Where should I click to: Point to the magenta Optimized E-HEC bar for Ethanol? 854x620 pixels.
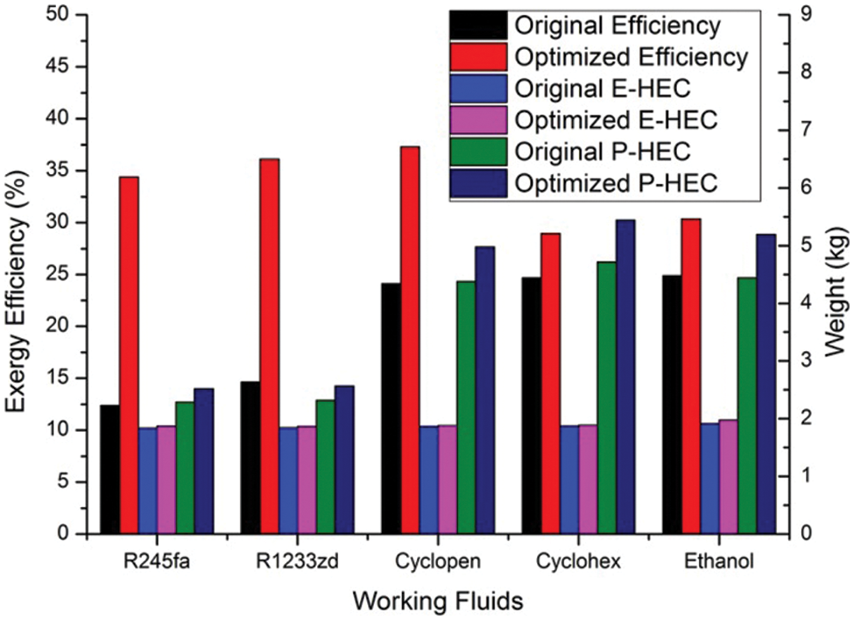tap(728, 476)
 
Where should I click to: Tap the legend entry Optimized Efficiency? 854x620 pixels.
tap(631, 57)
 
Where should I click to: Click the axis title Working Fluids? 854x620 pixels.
tap(427, 602)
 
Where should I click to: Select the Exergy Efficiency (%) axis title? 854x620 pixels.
tap(19, 273)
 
